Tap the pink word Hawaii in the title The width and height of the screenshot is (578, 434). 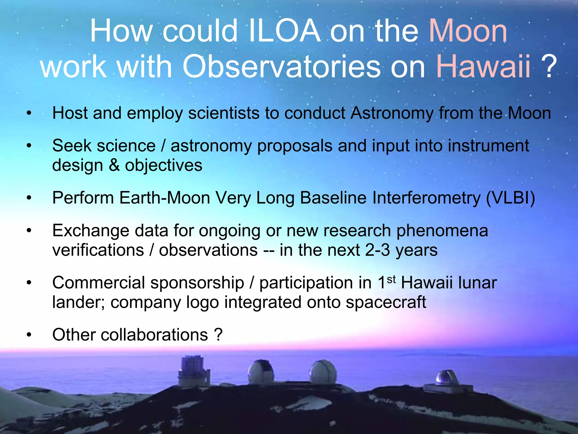pyautogui.click(x=483, y=67)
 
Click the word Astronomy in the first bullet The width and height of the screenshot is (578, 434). pyautogui.click(x=392, y=113)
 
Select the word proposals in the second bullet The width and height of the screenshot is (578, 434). pyautogui.click(x=295, y=146)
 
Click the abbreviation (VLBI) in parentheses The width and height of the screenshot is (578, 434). pyautogui.click(x=510, y=198)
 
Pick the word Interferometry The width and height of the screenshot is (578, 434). pyautogui.click(x=426, y=198)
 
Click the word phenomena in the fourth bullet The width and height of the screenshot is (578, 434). pyautogui.click(x=442, y=230)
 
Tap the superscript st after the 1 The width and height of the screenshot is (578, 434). pyautogui.click(x=391, y=280)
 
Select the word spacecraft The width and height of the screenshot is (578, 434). pyautogui.click(x=386, y=302)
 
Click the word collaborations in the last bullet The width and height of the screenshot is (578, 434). pyautogui.click(x=154, y=335)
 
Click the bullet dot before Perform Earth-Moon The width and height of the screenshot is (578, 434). pyautogui.click(x=29, y=198)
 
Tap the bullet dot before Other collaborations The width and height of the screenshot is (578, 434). pyautogui.click(x=29, y=335)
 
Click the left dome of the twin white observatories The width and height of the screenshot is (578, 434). pyautogui.click(x=260, y=372)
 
